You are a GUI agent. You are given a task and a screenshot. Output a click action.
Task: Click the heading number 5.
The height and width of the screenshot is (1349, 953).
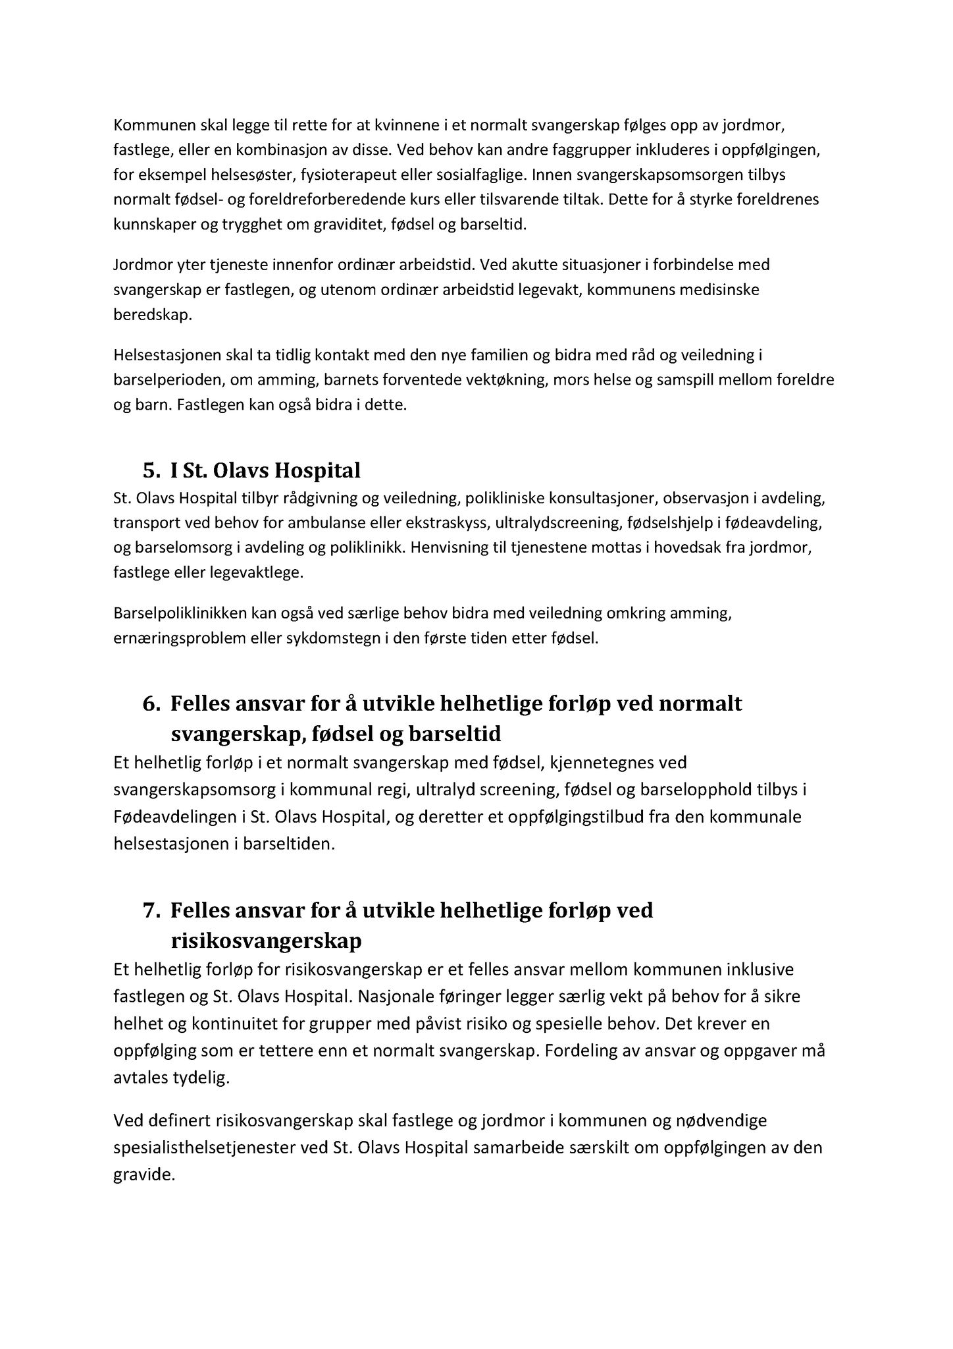[x=151, y=470]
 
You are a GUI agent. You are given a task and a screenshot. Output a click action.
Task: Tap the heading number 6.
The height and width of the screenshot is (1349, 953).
[x=151, y=703]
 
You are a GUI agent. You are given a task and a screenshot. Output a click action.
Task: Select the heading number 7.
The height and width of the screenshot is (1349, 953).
[x=151, y=910]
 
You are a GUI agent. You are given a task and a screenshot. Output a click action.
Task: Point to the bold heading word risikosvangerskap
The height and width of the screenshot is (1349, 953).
[x=266, y=941]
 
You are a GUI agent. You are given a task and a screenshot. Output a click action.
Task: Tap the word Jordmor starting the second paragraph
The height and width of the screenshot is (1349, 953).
[x=139, y=265]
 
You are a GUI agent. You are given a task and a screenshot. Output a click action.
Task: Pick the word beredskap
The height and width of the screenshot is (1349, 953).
[x=152, y=315]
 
